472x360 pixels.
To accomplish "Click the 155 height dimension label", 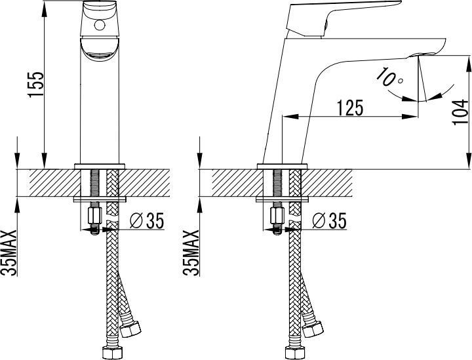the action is click(x=36, y=85).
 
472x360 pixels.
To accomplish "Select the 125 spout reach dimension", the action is click(x=350, y=108).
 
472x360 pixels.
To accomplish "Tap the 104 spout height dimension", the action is click(x=460, y=112).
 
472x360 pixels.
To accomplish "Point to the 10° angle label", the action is click(x=389, y=78).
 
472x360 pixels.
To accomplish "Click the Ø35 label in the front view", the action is click(x=147, y=220).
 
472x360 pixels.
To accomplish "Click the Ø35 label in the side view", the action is click(x=329, y=220).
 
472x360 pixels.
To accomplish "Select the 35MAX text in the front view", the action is click(x=9, y=253).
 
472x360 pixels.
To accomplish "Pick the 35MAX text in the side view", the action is click(x=191, y=253).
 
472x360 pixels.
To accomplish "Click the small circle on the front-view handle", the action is click(x=99, y=25).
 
